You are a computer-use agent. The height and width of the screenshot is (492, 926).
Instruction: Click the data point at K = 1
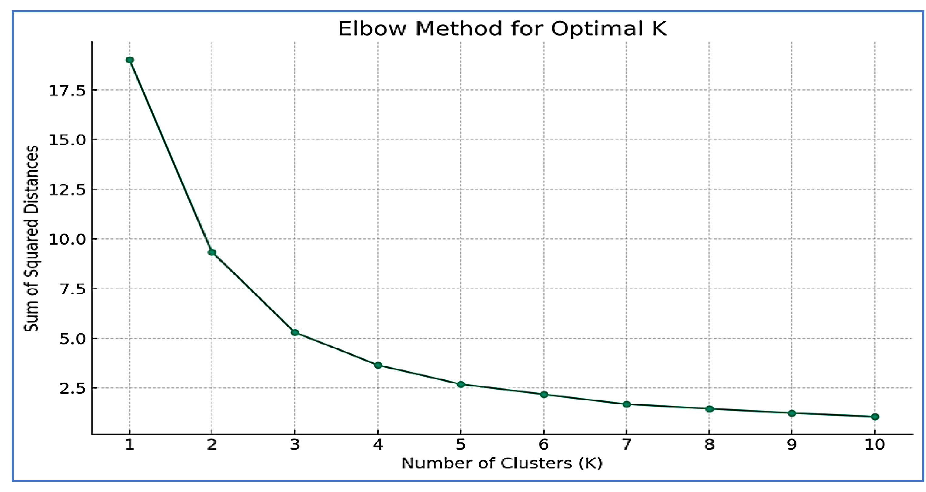tap(130, 60)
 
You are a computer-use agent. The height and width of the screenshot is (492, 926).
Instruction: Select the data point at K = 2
tap(212, 252)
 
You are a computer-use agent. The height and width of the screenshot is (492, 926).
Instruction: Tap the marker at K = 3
tap(295, 333)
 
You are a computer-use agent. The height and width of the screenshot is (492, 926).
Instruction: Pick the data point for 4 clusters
tap(378, 366)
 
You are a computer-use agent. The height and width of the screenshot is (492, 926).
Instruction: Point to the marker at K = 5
tap(461, 384)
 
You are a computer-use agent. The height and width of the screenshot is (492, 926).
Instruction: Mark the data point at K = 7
tap(626, 404)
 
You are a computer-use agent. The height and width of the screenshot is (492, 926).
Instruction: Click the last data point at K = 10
tap(875, 417)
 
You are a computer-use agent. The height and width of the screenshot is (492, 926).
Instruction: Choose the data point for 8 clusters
tap(709, 409)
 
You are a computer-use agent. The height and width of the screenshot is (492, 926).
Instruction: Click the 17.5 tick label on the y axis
tap(67, 91)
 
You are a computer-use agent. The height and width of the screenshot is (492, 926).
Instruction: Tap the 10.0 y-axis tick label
tap(67, 240)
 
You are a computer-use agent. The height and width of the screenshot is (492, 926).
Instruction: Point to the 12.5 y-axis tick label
tap(67, 190)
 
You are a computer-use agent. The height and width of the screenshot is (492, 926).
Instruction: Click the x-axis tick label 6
tap(544, 445)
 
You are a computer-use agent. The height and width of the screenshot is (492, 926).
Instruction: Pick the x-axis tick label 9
tap(792, 445)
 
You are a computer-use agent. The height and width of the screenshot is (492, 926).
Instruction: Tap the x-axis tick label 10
tap(875, 445)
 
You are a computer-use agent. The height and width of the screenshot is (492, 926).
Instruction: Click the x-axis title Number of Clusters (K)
tap(502, 463)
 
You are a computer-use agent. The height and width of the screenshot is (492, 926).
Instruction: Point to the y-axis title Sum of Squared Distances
tap(31, 238)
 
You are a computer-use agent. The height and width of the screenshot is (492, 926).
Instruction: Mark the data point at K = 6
tap(544, 394)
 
